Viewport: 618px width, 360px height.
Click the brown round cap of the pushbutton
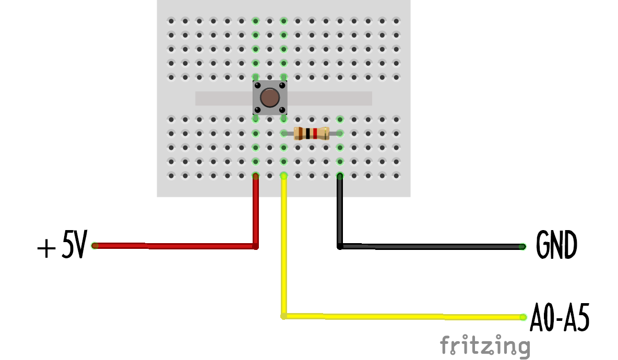[269, 98]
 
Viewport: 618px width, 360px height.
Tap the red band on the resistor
[315, 134]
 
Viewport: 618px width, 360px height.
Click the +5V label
[62, 246]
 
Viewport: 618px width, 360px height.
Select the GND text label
[556, 246]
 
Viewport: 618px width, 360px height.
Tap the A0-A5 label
[560, 317]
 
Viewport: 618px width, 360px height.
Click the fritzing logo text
[484, 345]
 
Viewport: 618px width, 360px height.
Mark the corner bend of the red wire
[255, 246]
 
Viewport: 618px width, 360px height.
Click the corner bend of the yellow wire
[283, 316]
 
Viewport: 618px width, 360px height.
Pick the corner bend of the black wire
[340, 246]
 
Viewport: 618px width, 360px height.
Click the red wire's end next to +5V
[94, 246]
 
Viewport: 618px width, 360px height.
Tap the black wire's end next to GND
[523, 246]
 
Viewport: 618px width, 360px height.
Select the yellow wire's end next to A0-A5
[523, 317]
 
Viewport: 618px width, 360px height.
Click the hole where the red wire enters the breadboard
[255, 176]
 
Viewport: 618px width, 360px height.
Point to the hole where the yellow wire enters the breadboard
[283, 176]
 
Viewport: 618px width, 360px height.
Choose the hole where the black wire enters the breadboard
[340, 176]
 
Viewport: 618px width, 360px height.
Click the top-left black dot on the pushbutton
[257, 85]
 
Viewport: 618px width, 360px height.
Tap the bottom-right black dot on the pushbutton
[282, 110]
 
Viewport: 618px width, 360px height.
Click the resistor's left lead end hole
[283, 134]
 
